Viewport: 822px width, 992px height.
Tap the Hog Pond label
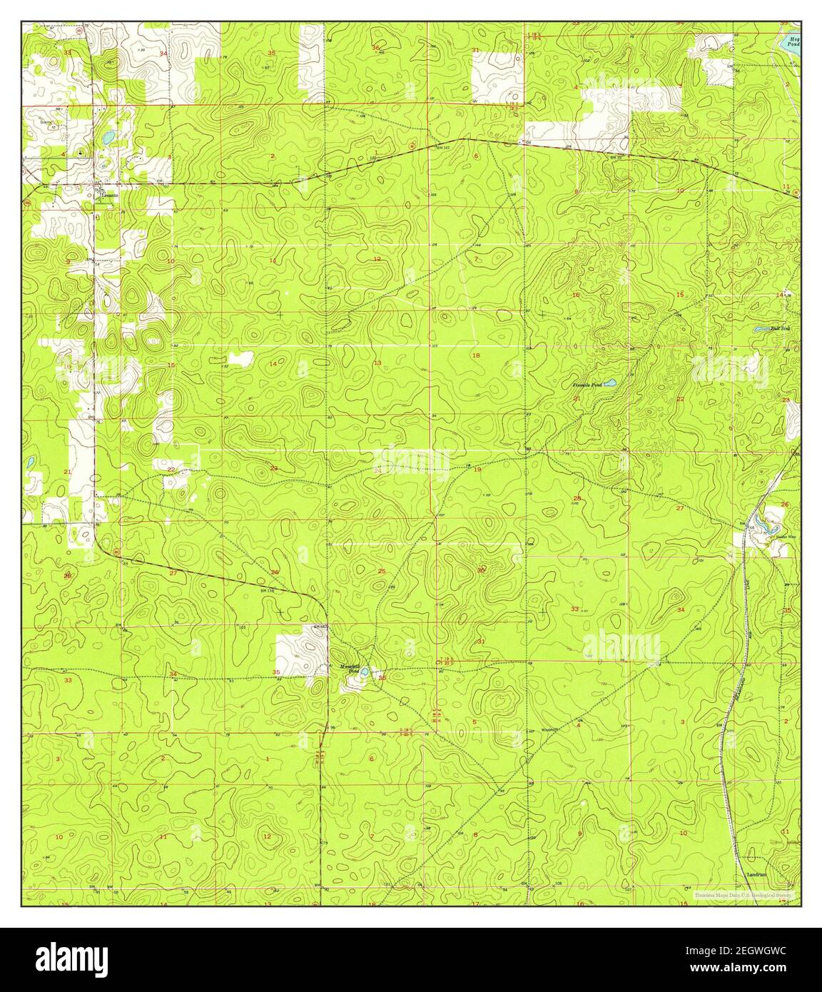[791, 40]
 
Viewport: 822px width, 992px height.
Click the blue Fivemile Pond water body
[609, 384]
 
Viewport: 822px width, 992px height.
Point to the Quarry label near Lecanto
[47, 121]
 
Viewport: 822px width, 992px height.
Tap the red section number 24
[377, 470]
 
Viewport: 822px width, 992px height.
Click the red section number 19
[477, 470]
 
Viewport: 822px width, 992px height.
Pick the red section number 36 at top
[376, 48]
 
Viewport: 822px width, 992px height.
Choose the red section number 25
[382, 571]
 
